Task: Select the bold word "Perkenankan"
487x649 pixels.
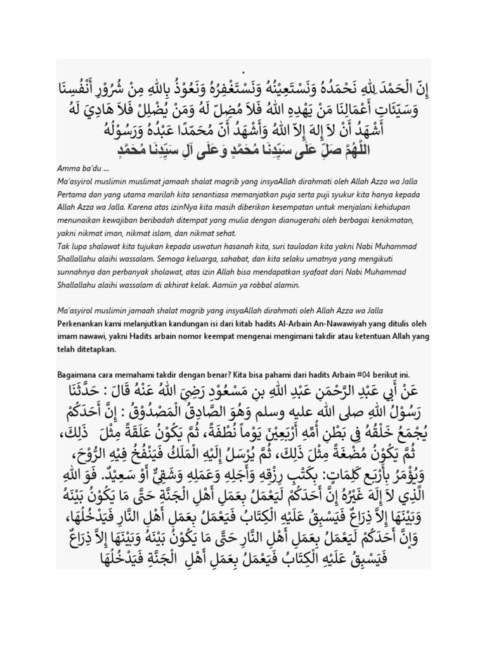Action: pyautogui.click(x=82, y=323)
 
